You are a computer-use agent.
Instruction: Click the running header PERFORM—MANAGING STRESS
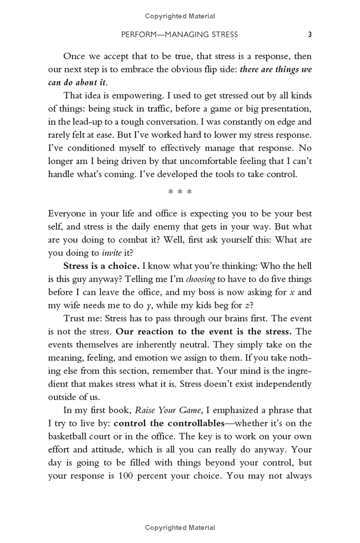click(x=180, y=34)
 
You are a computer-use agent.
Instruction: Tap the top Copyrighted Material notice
click(x=180, y=16)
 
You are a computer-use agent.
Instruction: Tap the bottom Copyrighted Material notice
click(x=180, y=527)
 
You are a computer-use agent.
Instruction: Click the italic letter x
click(x=292, y=292)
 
